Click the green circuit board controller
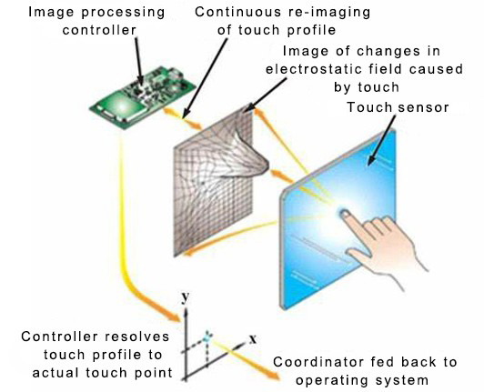(x=143, y=97)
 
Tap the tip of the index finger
(x=344, y=213)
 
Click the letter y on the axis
(x=186, y=297)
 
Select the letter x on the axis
(x=253, y=339)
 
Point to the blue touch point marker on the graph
(x=207, y=337)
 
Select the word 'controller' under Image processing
(x=99, y=30)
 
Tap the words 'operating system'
(x=362, y=380)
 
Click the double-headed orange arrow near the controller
(x=183, y=118)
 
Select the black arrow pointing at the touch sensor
(x=382, y=140)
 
